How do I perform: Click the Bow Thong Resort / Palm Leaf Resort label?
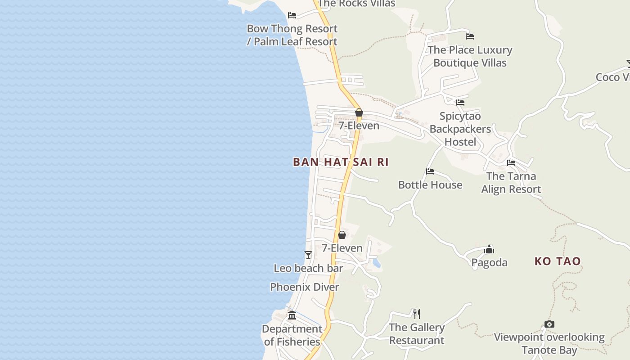tap(292, 35)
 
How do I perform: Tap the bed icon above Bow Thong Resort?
tap(292, 15)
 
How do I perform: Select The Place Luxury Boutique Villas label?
tap(470, 56)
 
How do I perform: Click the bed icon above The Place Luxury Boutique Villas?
tap(470, 36)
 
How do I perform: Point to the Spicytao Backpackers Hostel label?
tap(460, 129)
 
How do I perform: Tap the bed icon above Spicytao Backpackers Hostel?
tap(460, 103)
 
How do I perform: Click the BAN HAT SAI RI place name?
tap(341, 162)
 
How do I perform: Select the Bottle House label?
tap(430, 185)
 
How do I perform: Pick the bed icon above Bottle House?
tap(430, 171)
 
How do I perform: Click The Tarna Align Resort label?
tap(511, 183)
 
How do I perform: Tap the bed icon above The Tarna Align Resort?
tap(511, 163)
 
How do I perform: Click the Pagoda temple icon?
tap(489, 249)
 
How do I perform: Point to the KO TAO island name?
tap(558, 261)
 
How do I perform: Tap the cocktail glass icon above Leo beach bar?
tap(308, 255)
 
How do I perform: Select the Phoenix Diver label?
tap(305, 287)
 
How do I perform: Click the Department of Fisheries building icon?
tap(292, 315)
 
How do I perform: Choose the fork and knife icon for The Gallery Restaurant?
tap(417, 314)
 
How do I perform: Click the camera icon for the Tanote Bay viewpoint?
tap(549, 324)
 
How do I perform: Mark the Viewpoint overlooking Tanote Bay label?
tap(549, 343)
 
